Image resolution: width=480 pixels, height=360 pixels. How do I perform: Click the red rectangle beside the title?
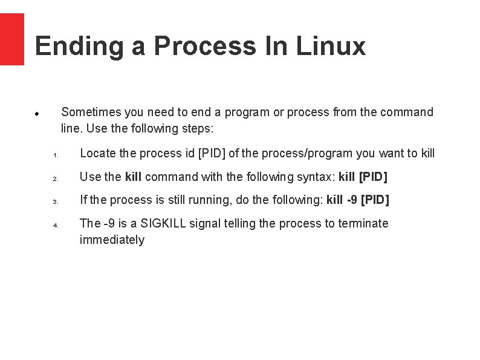click(11, 39)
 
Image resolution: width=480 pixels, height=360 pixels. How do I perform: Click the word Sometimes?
click(91, 112)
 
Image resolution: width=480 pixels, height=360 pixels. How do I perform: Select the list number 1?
click(54, 155)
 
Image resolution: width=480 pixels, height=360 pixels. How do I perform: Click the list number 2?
click(54, 179)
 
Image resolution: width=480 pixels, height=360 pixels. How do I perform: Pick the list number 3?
click(54, 202)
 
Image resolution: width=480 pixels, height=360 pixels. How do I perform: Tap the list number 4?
click(54, 226)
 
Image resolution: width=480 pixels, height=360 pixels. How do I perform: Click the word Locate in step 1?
click(98, 153)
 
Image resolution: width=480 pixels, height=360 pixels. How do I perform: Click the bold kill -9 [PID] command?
click(358, 200)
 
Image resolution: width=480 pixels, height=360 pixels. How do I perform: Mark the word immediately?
click(112, 240)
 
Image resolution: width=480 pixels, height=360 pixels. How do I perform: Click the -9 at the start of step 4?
click(109, 223)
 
